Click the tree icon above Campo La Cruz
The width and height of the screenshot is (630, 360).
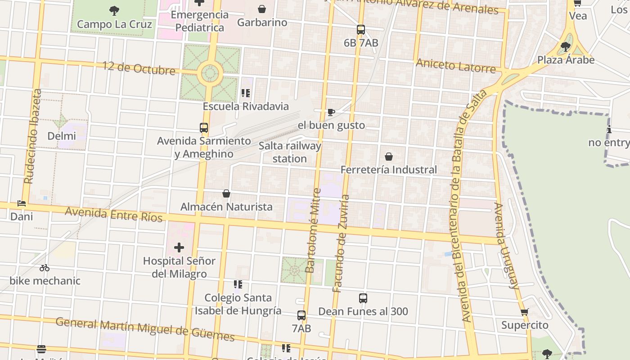point(114,10)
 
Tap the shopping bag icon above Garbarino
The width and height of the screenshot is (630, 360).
point(262,9)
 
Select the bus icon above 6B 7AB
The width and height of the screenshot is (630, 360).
point(361,30)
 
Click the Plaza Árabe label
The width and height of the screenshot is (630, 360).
point(566,60)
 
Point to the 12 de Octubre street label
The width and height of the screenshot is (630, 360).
point(139,68)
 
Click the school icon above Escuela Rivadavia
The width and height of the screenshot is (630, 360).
point(245,93)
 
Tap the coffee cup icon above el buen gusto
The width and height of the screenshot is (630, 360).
point(331,112)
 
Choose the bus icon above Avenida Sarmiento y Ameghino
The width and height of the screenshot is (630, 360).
point(204,128)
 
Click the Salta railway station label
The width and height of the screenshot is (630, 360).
point(290,152)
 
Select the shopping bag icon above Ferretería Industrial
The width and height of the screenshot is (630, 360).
point(389,157)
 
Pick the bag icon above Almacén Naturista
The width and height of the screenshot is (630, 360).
point(226,193)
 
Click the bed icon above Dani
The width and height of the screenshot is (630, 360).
point(22,203)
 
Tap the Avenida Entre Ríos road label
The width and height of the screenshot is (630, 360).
point(113,214)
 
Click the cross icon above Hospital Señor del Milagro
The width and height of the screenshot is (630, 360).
point(179,247)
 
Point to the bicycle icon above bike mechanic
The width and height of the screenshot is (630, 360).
point(45,268)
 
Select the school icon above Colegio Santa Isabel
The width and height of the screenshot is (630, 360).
point(238,284)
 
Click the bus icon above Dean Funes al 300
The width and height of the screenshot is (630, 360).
point(363,298)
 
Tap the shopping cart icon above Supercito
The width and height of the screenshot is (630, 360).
point(524,312)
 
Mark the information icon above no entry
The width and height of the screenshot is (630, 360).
point(609,130)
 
